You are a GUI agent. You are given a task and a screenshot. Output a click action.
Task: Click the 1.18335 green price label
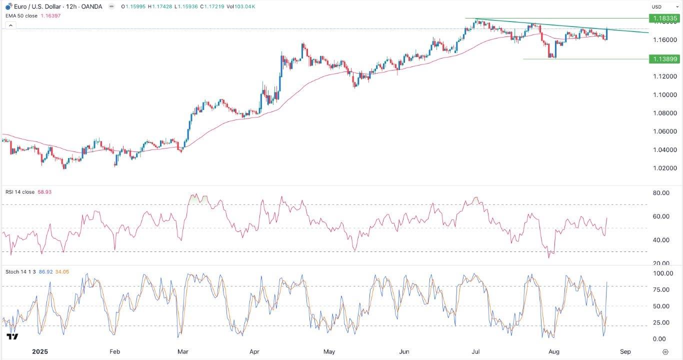[664, 18]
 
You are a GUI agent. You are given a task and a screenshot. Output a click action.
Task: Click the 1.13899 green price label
[664, 59]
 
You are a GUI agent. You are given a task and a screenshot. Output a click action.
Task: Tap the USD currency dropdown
[663, 6]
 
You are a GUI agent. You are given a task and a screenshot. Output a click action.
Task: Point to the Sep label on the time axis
[625, 351]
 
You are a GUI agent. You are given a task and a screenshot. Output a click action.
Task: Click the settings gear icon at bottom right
[665, 351]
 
